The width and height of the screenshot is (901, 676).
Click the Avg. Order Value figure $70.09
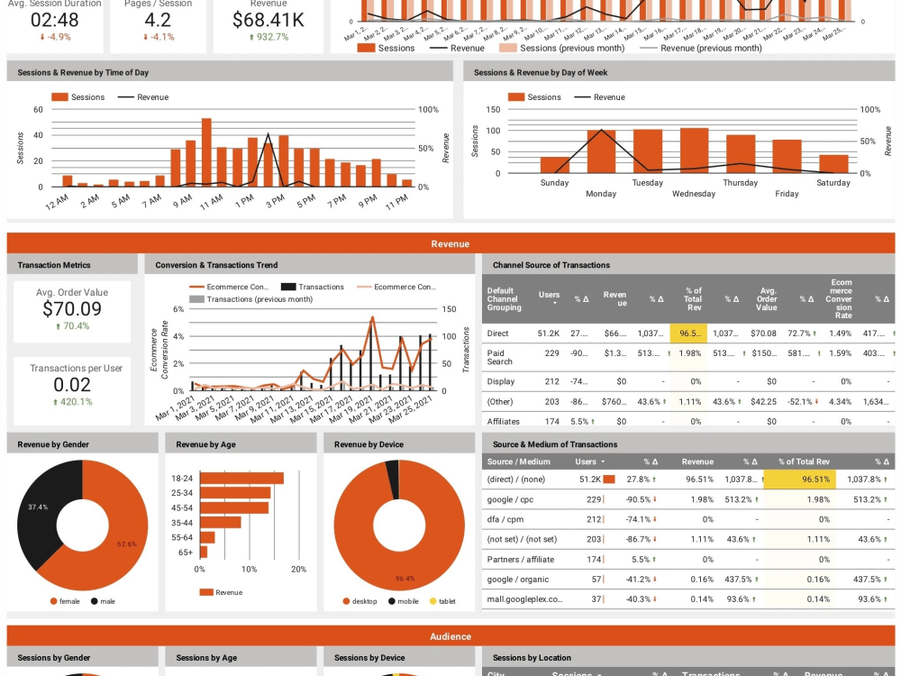coord(71,309)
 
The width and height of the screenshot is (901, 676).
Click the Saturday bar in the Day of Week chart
coord(833,163)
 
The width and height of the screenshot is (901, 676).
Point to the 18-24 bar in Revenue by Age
coord(241,479)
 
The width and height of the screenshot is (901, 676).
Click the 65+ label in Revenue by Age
coord(185,552)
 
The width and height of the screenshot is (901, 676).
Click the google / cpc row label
coord(511,499)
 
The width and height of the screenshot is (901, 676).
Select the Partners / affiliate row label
coord(521,560)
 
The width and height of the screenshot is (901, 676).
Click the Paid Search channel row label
coord(499,357)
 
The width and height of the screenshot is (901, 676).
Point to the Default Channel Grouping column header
coord(504,299)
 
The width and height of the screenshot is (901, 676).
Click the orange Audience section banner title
coord(450,636)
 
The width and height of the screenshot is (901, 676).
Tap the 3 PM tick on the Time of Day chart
coord(275,197)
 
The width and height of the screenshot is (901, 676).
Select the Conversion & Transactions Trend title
coord(216,265)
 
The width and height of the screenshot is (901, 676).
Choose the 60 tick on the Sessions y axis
coord(38,110)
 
